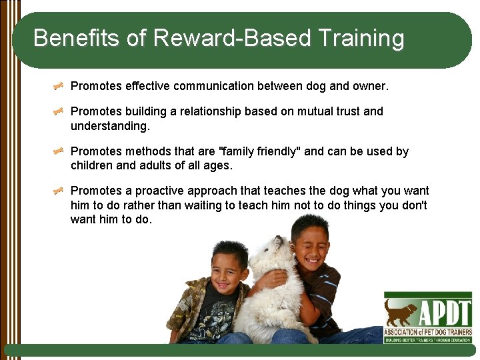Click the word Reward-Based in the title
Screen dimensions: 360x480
[x=232, y=38]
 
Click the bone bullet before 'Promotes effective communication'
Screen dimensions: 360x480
[x=59, y=86]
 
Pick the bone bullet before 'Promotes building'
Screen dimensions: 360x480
[x=59, y=111]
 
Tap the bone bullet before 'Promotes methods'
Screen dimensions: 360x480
[x=59, y=151]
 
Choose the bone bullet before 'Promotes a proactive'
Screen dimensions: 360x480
[x=59, y=191]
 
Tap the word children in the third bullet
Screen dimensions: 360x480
[x=92, y=165]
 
